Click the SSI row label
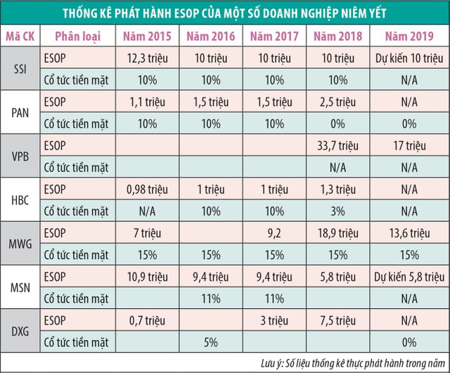tap(20, 69)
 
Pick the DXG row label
tap(20, 329)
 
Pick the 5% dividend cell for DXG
tap(208, 341)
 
